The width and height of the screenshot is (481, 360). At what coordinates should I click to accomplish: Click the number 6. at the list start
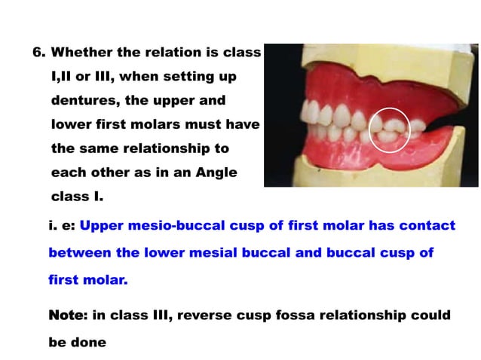39,53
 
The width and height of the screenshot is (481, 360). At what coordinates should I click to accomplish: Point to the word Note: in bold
67,315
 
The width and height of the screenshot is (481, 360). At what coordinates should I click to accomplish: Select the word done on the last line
89,342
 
